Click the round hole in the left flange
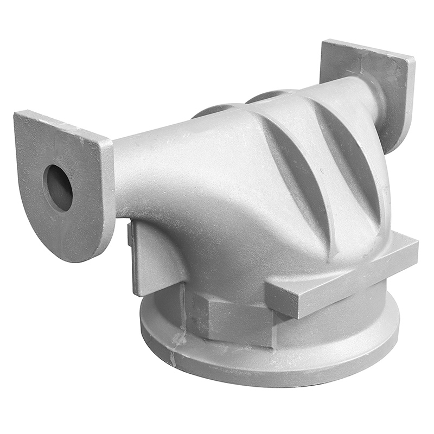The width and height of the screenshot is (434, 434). point(58,187)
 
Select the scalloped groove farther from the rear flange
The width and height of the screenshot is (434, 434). point(298,174)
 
